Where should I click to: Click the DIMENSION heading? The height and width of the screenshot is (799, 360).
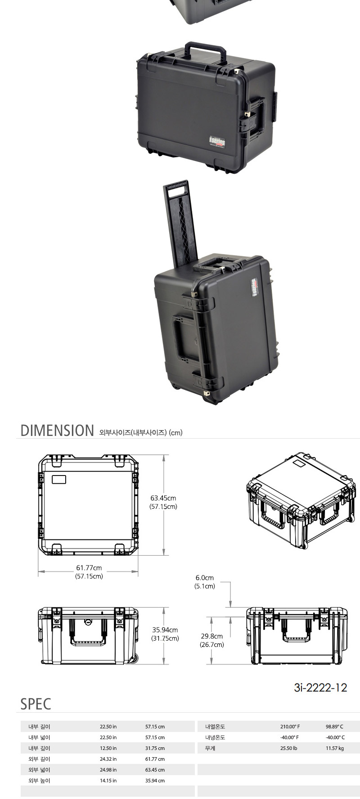[x=57, y=431]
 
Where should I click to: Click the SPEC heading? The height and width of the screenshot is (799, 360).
[x=36, y=704]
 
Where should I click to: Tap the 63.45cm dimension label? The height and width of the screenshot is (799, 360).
[x=163, y=498]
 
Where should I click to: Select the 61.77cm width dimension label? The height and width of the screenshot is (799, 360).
[x=89, y=568]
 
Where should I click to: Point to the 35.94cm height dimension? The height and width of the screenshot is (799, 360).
[x=165, y=630]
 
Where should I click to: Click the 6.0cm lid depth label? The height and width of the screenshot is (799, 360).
[x=205, y=578]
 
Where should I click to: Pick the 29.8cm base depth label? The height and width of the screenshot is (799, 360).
[x=212, y=636]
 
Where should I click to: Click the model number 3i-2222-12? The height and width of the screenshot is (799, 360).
[x=320, y=687]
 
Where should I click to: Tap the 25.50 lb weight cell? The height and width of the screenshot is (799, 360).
[x=288, y=748]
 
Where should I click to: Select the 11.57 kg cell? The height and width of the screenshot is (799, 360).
[x=335, y=748]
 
